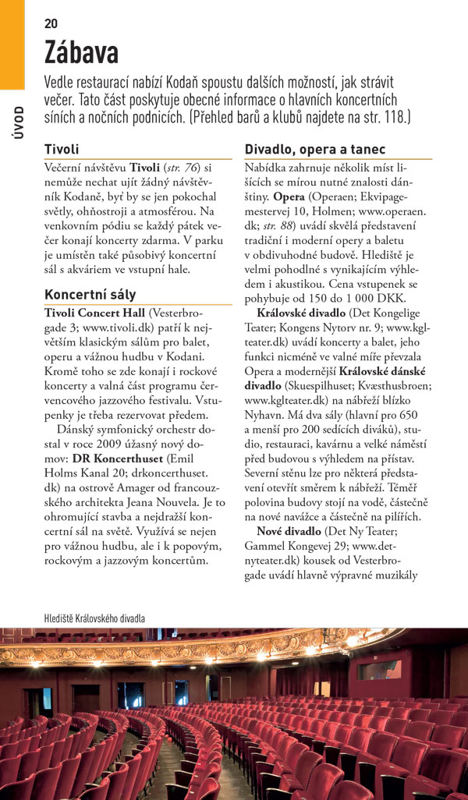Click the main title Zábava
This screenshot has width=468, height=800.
[81, 53]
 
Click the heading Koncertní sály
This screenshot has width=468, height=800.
[90, 295]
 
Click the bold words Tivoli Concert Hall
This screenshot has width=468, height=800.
[94, 313]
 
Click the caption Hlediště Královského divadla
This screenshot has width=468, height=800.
[94, 618]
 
